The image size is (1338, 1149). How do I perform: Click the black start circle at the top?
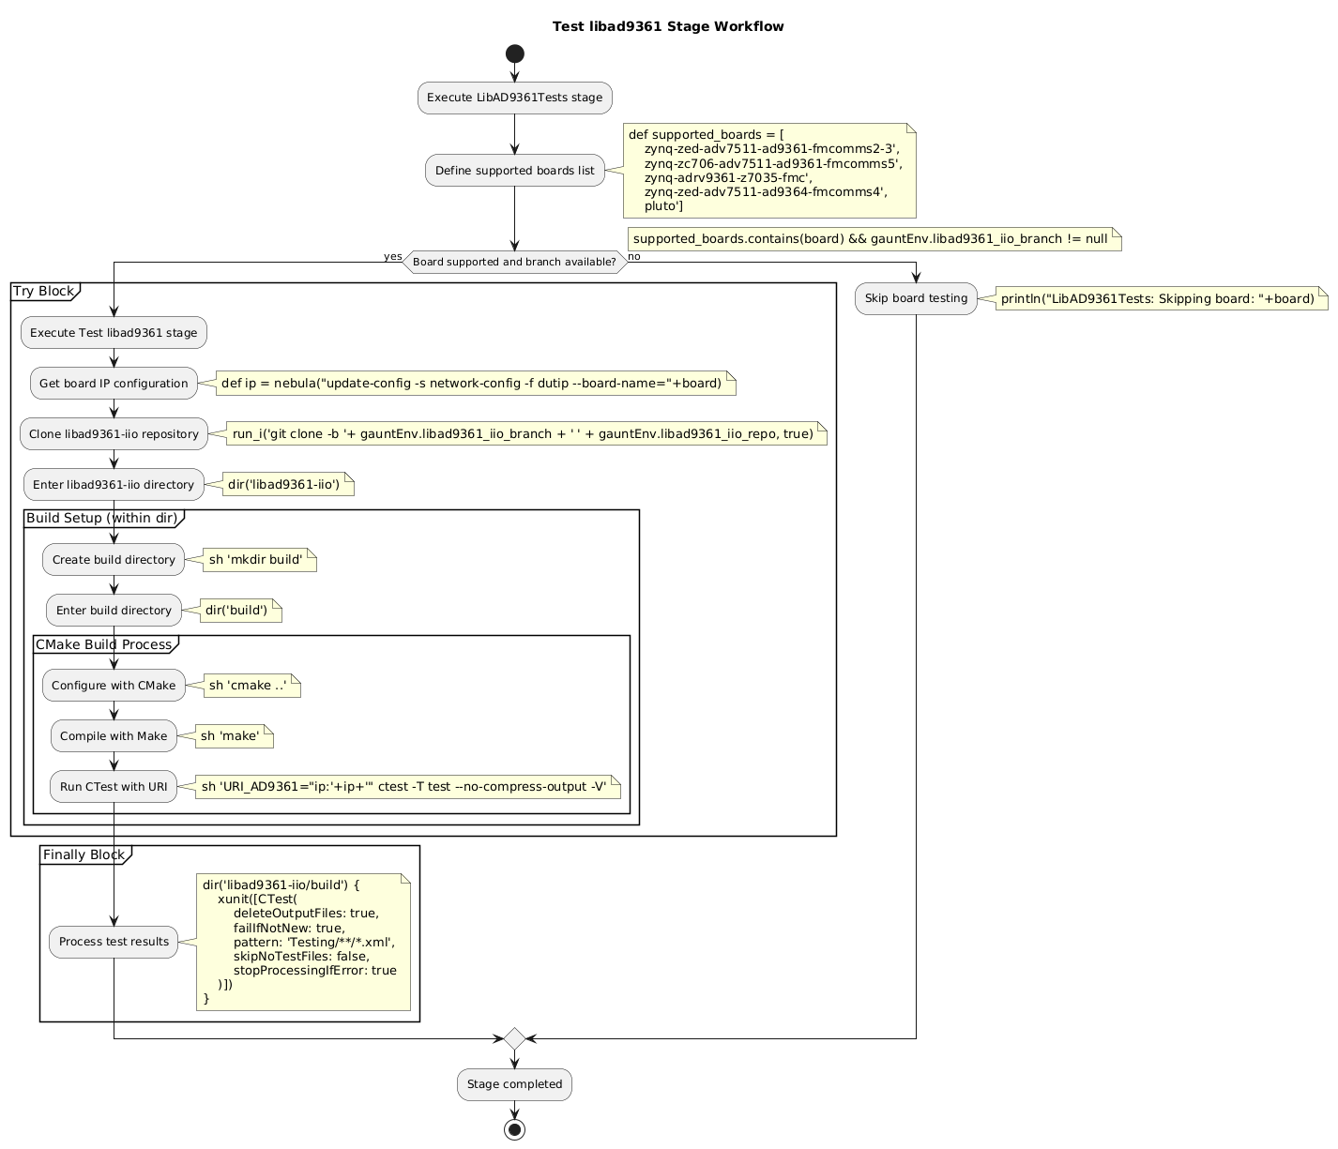tap(514, 53)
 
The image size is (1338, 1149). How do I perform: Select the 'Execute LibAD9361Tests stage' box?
tap(514, 98)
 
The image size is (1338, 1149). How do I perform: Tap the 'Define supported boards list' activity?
tap(514, 171)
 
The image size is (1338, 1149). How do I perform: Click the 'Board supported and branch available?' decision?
tap(514, 263)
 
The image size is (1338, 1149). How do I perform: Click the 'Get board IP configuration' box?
tap(114, 383)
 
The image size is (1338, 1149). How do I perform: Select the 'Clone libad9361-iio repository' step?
tap(114, 433)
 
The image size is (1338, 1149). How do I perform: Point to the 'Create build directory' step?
tap(114, 560)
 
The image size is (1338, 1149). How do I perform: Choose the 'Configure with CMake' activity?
tap(114, 686)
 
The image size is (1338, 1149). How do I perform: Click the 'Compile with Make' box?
tap(114, 736)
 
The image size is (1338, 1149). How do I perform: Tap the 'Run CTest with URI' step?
tap(114, 787)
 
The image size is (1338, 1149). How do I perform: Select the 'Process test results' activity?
tap(114, 942)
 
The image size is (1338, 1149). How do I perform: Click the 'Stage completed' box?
tap(514, 1085)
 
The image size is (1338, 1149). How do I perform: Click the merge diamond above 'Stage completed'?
tap(514, 1039)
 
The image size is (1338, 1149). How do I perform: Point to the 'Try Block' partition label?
tap(43, 292)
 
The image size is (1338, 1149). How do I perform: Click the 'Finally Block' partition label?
tap(84, 854)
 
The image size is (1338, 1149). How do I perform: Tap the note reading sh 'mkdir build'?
tap(255, 560)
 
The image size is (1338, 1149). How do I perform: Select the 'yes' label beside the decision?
tap(392, 257)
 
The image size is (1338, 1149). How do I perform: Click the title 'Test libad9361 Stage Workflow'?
tap(668, 26)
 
